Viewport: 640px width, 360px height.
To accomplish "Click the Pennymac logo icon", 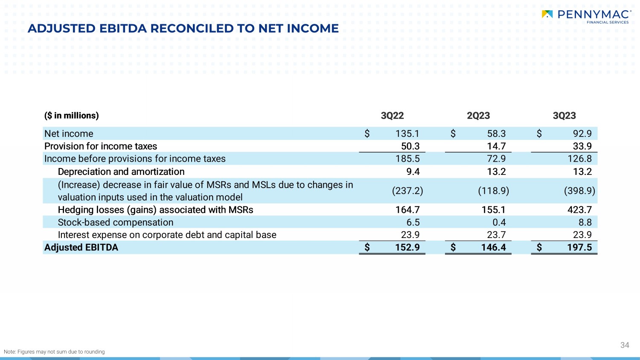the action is pos(547,14).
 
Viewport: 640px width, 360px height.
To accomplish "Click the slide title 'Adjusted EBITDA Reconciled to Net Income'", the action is pos(183,29).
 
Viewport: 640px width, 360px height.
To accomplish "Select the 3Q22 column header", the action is pos(392,116).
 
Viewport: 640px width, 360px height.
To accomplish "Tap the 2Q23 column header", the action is pos(478,116).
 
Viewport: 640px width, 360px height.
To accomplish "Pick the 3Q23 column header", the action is pos(564,116).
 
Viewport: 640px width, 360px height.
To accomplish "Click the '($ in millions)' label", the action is pos(71,116).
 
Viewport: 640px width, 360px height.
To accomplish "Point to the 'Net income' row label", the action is pos(69,134).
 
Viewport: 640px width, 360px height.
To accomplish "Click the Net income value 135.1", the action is pos(407,134).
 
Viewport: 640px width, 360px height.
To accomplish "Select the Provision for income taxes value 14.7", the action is pos(496,146).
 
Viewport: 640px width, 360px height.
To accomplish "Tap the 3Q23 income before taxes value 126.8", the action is pos(579,159).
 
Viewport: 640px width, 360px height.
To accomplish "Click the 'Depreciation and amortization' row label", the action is pos(121,172).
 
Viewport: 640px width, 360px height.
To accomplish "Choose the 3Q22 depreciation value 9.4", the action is pos(413,172).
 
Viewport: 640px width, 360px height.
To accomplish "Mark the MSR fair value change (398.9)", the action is pos(579,191).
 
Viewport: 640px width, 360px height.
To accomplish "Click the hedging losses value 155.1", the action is pos(493,210).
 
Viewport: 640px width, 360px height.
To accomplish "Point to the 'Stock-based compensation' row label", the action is pos(116,223).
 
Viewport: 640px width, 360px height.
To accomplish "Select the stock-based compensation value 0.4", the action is pos(499,223).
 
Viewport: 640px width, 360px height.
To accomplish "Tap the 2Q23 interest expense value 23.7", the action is pos(496,235).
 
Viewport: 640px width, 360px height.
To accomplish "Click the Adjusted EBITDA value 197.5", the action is pos(579,247).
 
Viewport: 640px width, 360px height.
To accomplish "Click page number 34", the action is pos(625,345).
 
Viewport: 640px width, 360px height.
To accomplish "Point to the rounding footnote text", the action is pos(54,352).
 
